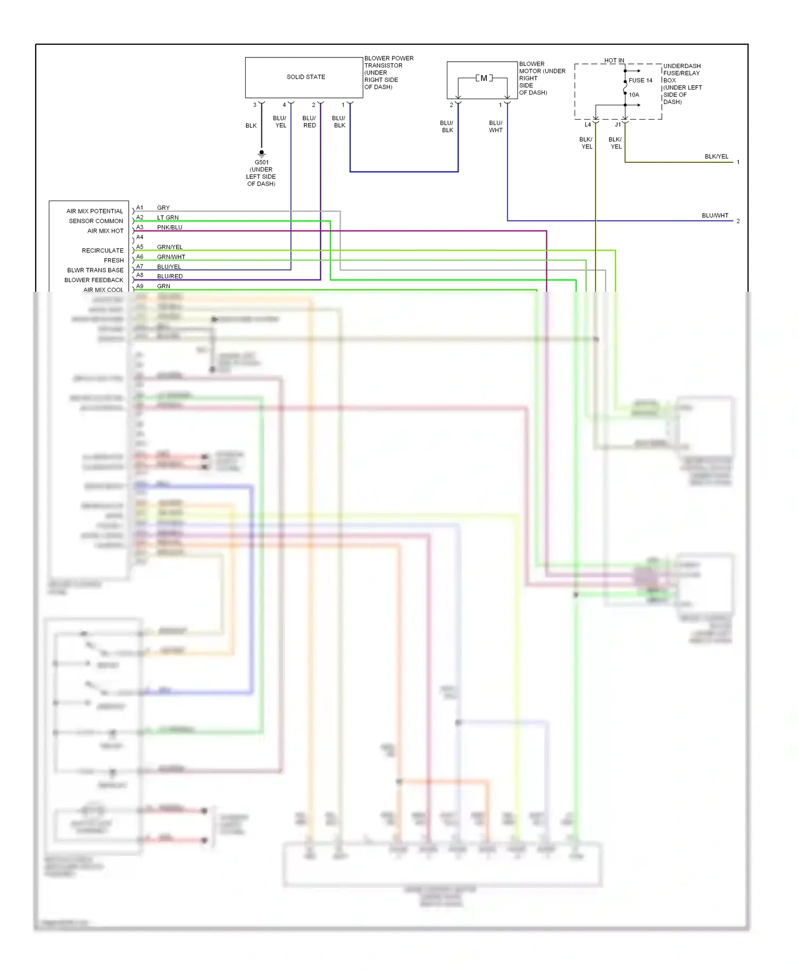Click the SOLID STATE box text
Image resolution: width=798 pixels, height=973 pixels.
coord(306,77)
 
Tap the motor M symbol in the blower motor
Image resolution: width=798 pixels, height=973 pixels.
coord(484,78)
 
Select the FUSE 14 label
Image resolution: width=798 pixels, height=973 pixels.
coord(641,81)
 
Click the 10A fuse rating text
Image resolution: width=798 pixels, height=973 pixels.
coord(634,95)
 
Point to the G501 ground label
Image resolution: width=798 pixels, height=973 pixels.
coord(261,163)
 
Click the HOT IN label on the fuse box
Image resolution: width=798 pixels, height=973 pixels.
coord(614,61)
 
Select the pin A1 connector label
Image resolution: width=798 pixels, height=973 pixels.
coord(139,208)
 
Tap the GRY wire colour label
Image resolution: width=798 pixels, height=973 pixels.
coord(163,208)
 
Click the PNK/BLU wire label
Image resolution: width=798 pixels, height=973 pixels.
coord(170,228)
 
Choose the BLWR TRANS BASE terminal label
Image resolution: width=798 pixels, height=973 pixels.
coord(95,270)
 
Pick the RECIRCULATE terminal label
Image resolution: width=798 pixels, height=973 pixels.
coord(103,251)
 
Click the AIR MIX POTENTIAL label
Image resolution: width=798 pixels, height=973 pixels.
coord(95,211)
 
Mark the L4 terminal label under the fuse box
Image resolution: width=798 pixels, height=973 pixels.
coord(588,125)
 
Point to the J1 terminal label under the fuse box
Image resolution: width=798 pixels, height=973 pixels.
coord(618,125)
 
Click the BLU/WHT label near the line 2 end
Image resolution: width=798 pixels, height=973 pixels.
coord(714,216)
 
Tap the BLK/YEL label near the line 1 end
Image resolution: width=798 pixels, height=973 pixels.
coord(716,157)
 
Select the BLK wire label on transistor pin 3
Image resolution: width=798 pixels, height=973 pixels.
coord(251,126)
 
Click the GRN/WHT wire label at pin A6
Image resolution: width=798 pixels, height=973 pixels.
coord(171,257)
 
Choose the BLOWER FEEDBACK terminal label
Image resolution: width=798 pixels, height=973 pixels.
coord(94,281)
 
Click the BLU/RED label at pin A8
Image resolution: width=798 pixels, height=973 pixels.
coord(170,277)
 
